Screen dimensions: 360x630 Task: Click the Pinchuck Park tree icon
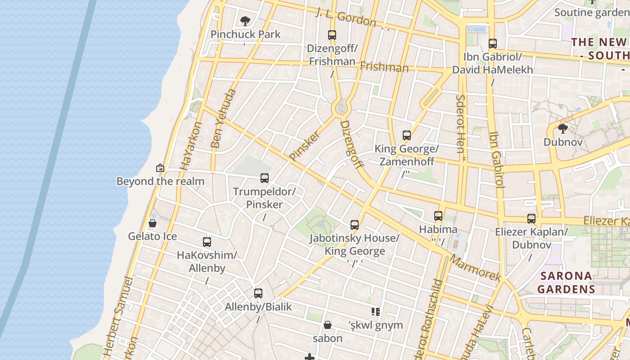click(245, 21)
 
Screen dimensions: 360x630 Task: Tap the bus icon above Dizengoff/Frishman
click(332, 35)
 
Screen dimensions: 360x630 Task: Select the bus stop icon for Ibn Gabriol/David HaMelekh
click(493, 44)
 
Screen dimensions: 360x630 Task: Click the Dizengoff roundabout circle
click(341, 108)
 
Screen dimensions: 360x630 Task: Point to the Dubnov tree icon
click(562, 129)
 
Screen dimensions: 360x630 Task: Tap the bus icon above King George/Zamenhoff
click(407, 135)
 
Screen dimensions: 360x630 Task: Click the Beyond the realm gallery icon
click(160, 168)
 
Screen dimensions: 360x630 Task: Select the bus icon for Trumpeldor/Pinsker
click(265, 178)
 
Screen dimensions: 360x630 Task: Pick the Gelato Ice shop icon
click(153, 223)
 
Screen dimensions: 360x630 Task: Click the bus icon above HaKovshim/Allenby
click(207, 242)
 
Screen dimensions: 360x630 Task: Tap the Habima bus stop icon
click(438, 216)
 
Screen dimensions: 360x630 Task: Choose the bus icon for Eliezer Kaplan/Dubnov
click(531, 219)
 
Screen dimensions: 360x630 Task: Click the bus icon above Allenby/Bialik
click(258, 293)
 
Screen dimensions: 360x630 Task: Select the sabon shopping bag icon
click(328, 325)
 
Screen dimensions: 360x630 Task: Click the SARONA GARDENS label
click(566, 282)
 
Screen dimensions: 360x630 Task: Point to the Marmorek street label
click(475, 269)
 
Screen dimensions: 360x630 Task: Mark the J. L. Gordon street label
click(346, 17)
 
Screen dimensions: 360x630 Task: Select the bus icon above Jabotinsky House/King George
click(355, 225)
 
